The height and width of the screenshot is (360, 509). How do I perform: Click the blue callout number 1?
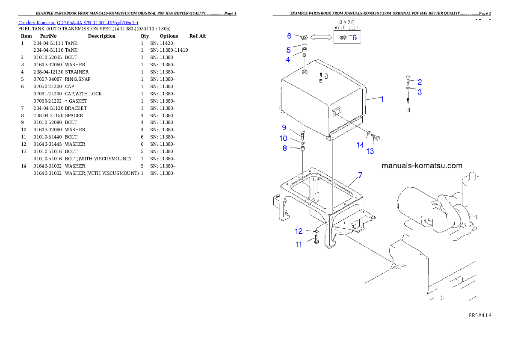click(x=382, y=99)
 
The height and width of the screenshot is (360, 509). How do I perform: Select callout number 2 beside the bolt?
click(x=420, y=82)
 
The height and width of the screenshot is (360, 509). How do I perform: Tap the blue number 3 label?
click(x=420, y=92)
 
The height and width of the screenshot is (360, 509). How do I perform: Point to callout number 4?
click(x=288, y=60)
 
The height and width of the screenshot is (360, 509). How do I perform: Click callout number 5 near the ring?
click(x=288, y=50)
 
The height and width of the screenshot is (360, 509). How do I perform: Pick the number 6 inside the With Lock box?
click(x=354, y=38)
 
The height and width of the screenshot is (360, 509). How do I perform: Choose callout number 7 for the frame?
click(x=360, y=175)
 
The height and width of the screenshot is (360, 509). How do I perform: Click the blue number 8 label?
click(x=284, y=148)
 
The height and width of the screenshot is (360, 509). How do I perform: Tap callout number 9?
click(x=284, y=127)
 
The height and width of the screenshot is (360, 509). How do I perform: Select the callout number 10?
click(x=284, y=138)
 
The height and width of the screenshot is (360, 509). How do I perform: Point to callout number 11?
click(x=299, y=245)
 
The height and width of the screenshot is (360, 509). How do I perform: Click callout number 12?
click(x=299, y=231)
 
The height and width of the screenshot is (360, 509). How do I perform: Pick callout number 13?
click(x=370, y=151)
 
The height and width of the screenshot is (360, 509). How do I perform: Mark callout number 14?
click(x=360, y=145)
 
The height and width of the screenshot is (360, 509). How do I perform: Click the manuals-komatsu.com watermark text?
click(x=422, y=165)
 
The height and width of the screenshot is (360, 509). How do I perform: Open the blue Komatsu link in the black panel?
click(x=78, y=22)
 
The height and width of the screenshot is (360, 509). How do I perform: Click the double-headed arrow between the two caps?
click(x=322, y=38)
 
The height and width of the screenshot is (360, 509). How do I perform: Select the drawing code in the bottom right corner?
click(x=479, y=315)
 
